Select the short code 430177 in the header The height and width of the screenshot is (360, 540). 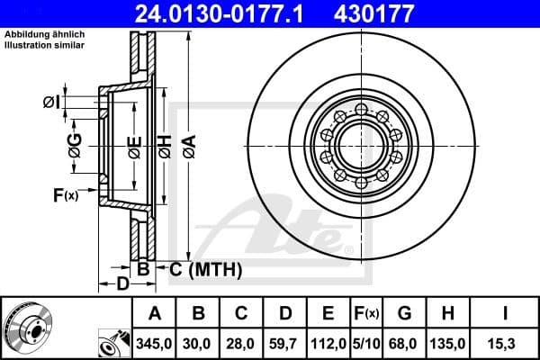(399, 14)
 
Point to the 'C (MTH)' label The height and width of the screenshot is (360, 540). (203, 267)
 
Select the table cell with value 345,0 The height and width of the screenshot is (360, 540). (154, 343)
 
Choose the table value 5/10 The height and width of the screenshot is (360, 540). (366, 343)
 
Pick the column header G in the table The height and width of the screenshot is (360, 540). (404, 314)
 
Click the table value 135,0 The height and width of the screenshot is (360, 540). (447, 343)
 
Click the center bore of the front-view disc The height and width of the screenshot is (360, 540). (360, 145)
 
